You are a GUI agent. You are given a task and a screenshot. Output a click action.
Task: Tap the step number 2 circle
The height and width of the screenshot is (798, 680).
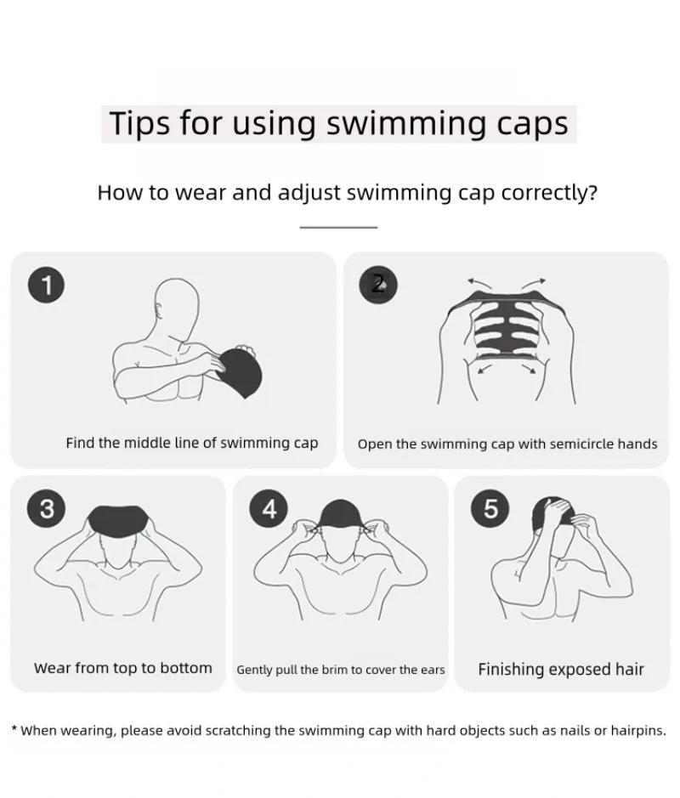coord(378,283)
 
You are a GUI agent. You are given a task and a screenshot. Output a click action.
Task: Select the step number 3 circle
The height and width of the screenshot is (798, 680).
coord(47,508)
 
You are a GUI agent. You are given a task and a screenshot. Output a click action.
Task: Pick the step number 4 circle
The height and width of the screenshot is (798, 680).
coord(269,508)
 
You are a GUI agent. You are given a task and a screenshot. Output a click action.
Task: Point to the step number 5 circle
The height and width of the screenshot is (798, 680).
coord(490,508)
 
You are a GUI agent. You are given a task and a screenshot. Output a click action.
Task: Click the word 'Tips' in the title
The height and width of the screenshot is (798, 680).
coord(140,123)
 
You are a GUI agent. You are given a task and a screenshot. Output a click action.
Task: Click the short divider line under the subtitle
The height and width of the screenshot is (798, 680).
coord(338,228)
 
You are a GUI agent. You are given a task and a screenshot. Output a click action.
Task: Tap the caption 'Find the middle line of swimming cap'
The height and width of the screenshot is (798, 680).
coord(192,443)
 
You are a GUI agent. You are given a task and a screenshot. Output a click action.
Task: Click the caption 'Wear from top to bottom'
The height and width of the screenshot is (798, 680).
coord(123,668)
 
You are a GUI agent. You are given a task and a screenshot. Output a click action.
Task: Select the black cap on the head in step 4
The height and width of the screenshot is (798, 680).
coord(340,514)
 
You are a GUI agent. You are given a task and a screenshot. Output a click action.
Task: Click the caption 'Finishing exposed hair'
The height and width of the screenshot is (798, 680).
coord(561,670)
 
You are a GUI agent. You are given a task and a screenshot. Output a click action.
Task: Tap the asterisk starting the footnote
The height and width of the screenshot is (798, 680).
coord(14,729)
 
